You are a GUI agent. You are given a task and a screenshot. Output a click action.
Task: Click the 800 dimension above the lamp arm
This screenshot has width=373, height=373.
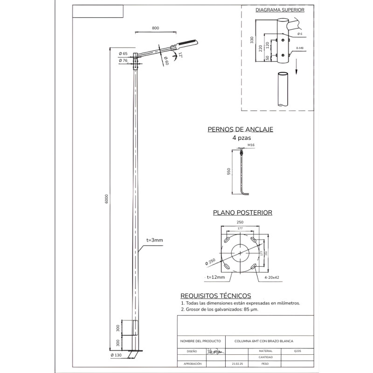tap(155, 28)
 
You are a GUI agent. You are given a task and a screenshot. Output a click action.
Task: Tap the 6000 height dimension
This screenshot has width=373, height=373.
tap(106, 198)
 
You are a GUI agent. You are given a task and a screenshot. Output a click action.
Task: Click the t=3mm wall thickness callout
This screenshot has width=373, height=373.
tap(154, 240)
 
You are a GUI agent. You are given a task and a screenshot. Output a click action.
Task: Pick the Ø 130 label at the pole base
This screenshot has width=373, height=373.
tap(117, 355)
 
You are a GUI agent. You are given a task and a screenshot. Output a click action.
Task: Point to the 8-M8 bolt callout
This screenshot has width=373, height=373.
tap(300, 48)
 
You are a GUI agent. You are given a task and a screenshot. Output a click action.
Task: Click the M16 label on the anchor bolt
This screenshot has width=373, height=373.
tap(251, 145)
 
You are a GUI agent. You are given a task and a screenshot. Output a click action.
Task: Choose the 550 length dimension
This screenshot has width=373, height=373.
tap(229, 172)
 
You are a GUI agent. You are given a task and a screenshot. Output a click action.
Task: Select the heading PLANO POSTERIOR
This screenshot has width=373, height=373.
tap(242, 212)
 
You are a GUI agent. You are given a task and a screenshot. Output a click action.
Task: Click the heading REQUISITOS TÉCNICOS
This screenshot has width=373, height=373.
tap(215, 296)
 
